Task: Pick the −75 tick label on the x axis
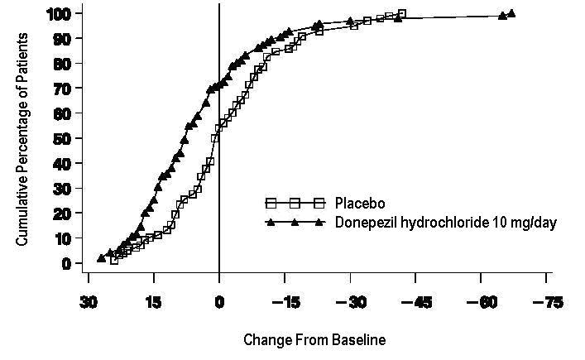click(546, 303)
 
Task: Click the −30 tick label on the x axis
click(351, 303)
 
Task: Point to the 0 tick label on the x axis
click(219, 303)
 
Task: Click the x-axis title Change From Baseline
click(314, 340)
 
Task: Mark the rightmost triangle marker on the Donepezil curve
click(511, 13)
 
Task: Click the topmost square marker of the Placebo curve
click(402, 13)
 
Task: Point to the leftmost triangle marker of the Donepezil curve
click(101, 258)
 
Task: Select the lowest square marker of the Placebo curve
click(114, 260)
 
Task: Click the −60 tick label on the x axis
click(482, 303)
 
